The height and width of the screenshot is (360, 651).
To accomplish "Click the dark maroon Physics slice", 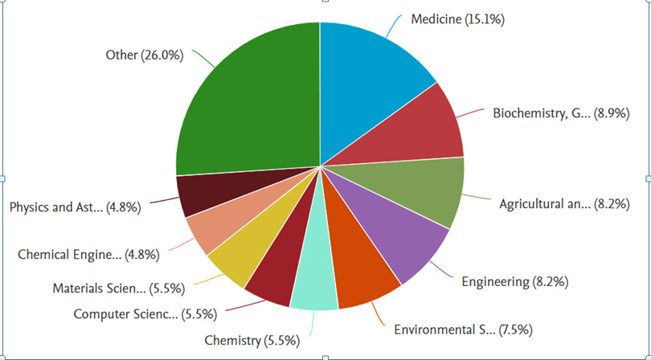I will [199, 194].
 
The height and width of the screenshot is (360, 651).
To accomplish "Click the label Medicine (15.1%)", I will [457, 19].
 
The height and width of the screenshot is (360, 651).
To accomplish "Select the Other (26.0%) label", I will [145, 55].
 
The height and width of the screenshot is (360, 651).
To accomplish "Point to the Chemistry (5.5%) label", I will [252, 341].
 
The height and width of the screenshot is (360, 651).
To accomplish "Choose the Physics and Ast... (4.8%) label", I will [76, 207].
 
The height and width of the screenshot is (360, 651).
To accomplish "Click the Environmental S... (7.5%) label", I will [462, 329].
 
